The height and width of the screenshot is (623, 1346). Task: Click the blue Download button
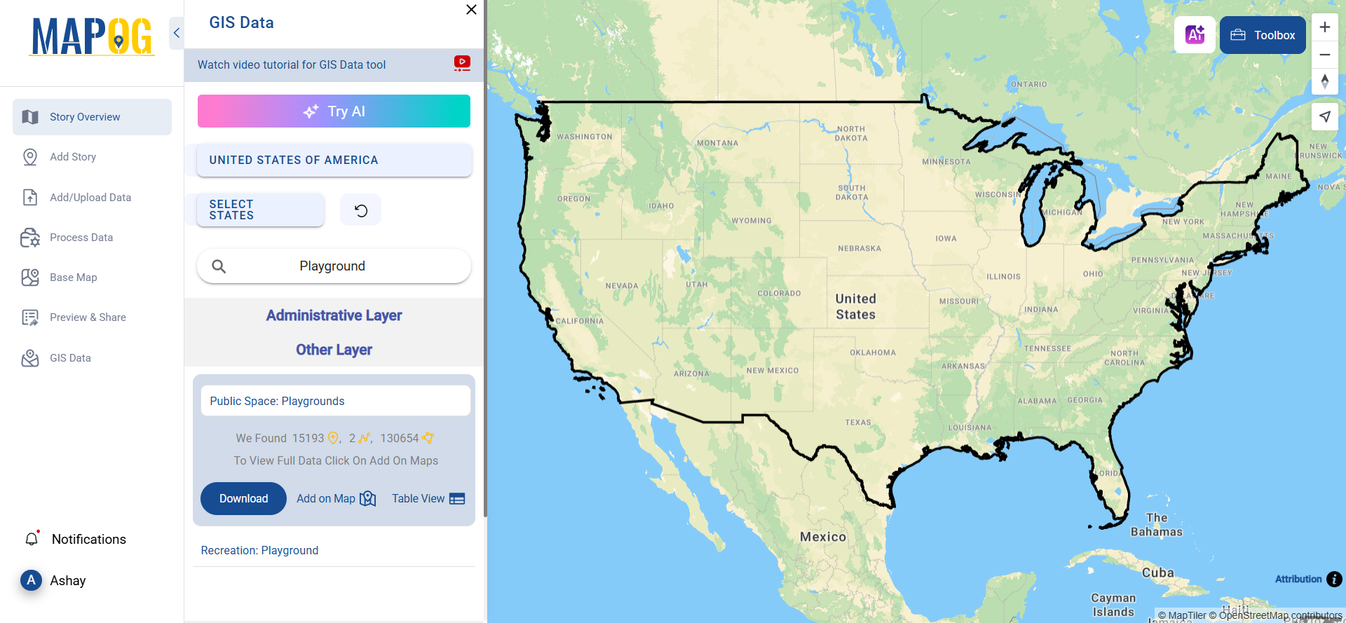(243, 498)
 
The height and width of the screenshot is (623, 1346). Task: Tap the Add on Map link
(336, 498)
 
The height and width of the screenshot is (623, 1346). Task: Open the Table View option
(428, 498)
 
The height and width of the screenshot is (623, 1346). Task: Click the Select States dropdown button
(260, 210)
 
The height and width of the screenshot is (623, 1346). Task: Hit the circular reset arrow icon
(360, 210)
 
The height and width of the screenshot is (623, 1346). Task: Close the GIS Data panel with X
(471, 10)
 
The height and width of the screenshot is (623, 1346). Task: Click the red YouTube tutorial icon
(462, 63)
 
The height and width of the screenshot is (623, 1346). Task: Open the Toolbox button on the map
(1263, 35)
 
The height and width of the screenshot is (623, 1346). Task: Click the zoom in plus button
(1324, 27)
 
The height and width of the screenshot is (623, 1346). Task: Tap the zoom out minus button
(1324, 55)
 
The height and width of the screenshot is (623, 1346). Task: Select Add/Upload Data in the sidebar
(90, 198)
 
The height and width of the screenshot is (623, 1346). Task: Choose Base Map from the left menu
(73, 278)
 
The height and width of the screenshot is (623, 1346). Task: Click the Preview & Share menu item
(88, 317)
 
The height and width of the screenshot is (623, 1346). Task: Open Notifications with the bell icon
(32, 539)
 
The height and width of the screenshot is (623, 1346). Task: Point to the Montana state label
(717, 143)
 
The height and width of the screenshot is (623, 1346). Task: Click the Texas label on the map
(858, 423)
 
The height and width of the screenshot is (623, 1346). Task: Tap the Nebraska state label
(859, 249)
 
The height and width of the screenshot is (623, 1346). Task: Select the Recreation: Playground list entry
(259, 551)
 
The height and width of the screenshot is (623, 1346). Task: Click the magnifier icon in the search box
(219, 266)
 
